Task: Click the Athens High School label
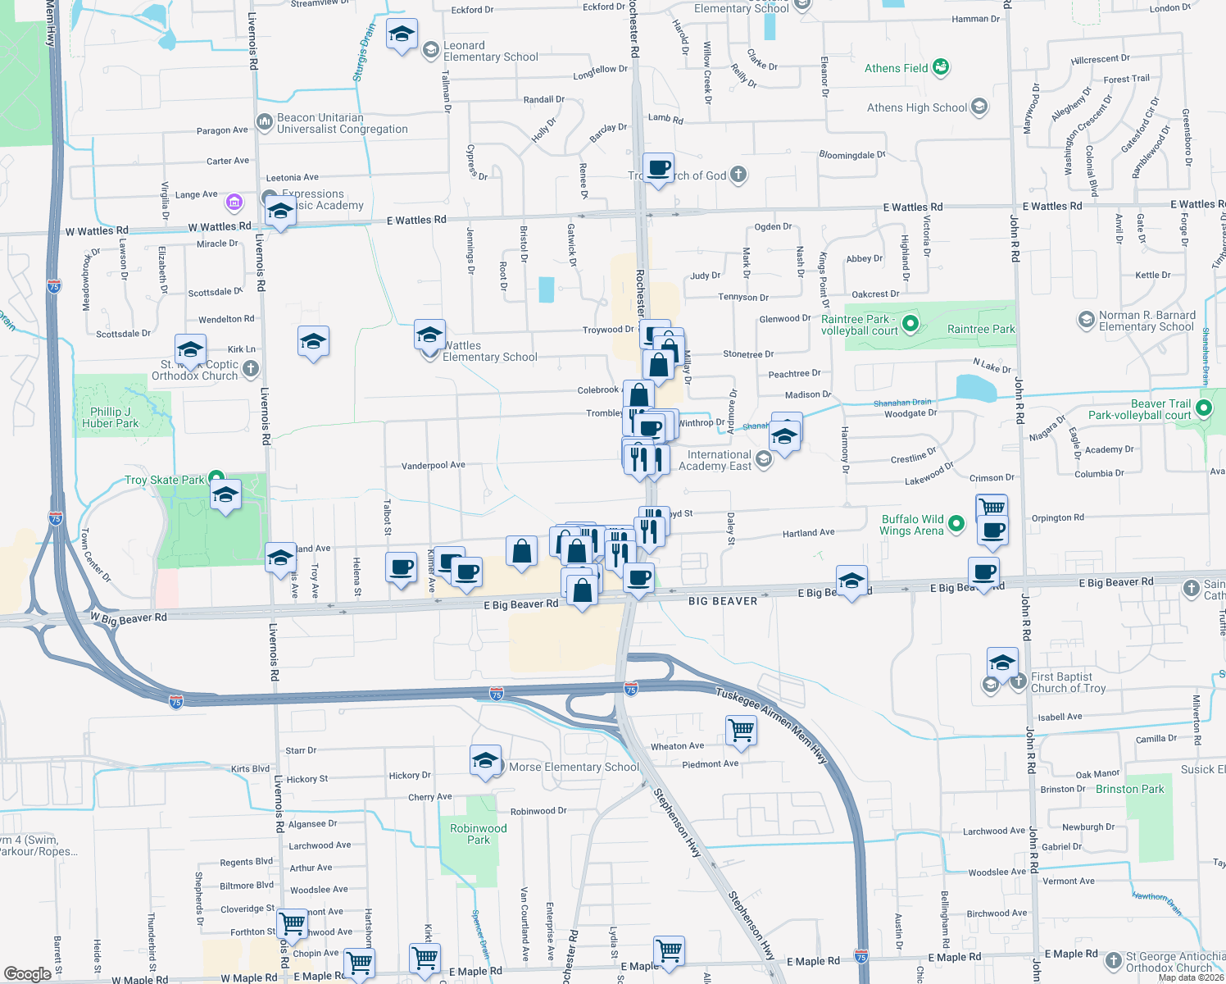coord(917,107)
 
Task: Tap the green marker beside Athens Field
coord(941,67)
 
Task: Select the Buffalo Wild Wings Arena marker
coord(956,523)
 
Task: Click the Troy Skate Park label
coord(165,480)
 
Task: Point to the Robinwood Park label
coord(479,834)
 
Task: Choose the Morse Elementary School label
coord(574,767)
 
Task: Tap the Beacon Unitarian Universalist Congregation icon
coord(264,122)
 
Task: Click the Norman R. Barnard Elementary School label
coord(1147,321)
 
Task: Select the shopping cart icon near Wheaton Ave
coord(741,729)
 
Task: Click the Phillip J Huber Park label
coord(111,417)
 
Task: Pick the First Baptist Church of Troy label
coord(1069,682)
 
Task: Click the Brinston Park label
coord(1129,789)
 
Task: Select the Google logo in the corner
coord(27,973)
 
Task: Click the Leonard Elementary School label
coord(490,51)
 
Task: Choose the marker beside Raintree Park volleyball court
coord(910,325)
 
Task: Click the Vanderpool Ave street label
coord(433,465)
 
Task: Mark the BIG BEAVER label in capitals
coord(722,601)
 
